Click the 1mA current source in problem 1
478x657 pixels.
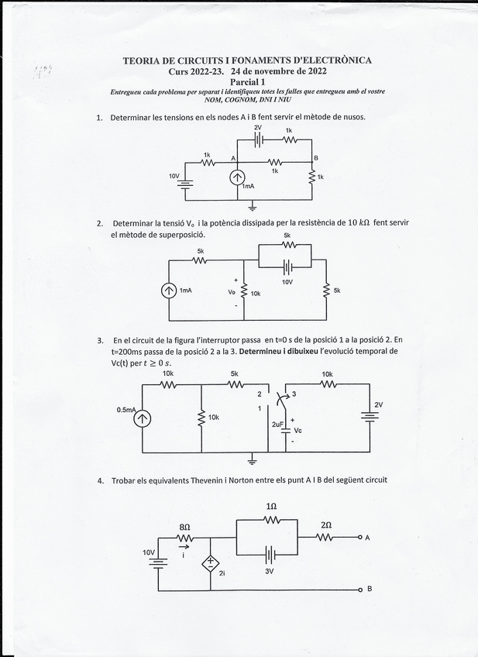[237, 177]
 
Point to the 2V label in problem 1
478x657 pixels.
[257, 127]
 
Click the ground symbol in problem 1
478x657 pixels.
[253, 206]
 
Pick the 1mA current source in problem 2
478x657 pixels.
[167, 291]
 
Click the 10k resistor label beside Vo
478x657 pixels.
[256, 294]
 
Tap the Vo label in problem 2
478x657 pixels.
[231, 293]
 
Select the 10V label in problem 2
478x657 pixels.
[287, 282]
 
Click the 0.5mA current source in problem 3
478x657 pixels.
[143, 419]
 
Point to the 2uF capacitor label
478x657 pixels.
[277, 425]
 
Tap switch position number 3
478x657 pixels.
[294, 394]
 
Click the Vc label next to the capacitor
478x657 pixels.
[298, 429]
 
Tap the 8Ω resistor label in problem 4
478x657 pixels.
[184, 526]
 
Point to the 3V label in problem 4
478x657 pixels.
[270, 571]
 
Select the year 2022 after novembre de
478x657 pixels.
[313, 71]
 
